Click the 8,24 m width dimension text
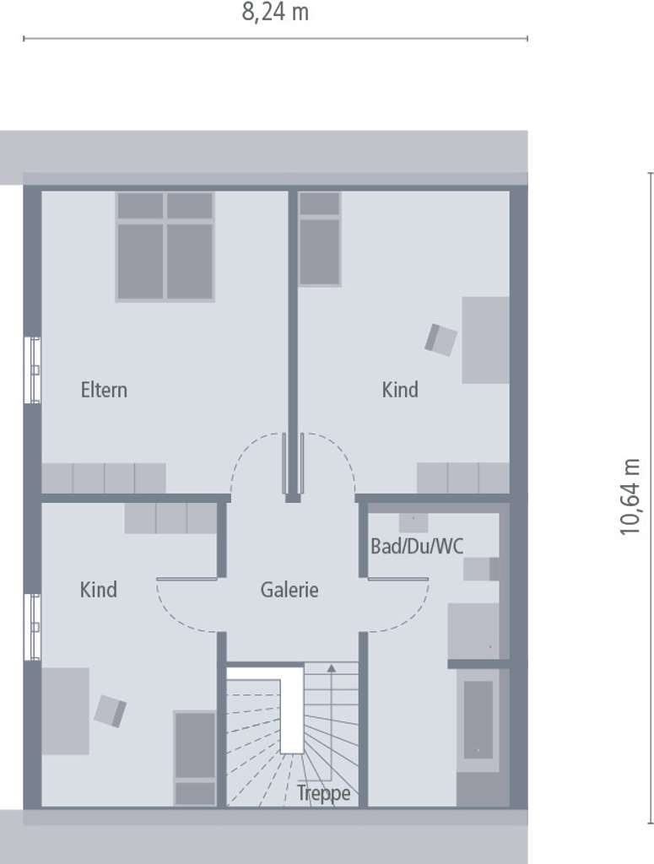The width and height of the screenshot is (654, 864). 275,12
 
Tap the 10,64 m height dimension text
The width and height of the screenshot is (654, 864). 630,496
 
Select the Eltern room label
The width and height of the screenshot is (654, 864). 104,390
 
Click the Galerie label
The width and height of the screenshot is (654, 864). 289,590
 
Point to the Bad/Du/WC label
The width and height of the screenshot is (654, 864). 417,546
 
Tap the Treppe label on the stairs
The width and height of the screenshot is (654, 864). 323,793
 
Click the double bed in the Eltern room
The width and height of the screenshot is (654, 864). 165,246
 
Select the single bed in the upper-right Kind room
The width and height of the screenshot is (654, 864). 319,239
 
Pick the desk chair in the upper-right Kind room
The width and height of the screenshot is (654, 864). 441,339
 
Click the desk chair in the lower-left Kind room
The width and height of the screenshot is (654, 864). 111,710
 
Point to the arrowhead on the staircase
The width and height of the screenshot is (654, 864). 331,668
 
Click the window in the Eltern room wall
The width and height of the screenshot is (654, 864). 33,370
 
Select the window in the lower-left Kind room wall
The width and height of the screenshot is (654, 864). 33,627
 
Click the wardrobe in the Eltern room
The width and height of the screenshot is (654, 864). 104,478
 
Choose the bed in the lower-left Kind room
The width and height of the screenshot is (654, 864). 195,759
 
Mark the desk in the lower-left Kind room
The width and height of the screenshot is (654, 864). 66,710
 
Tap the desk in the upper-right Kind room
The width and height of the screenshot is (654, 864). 485,340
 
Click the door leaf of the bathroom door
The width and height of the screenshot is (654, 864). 397,579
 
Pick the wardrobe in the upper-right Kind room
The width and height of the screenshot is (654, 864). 462,478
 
